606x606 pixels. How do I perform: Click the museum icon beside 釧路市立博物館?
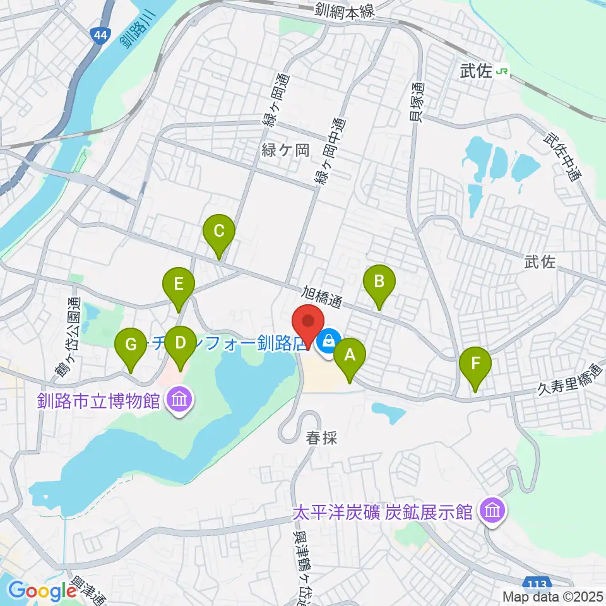(x=179, y=400)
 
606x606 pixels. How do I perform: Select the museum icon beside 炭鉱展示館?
(x=491, y=511)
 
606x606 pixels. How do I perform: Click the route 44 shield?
(x=99, y=36)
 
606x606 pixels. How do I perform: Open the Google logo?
(x=42, y=591)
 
